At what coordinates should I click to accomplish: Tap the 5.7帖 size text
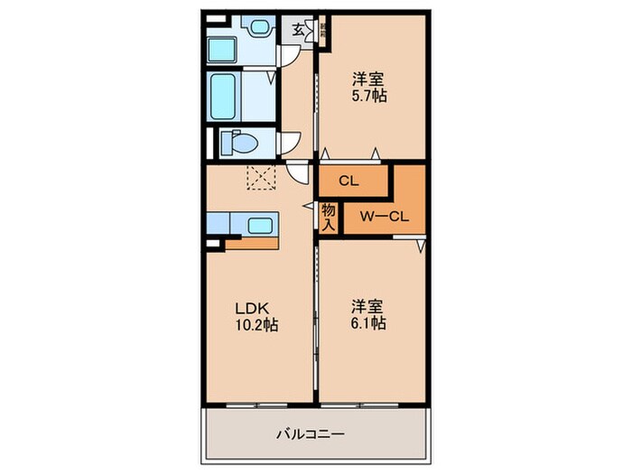pyautogui.click(x=369, y=96)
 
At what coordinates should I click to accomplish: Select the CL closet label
pyautogui.click(x=349, y=181)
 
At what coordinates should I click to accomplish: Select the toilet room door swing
pyautogui.click(x=289, y=144)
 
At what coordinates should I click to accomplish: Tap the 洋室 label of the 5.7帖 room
pyautogui.click(x=369, y=79)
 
